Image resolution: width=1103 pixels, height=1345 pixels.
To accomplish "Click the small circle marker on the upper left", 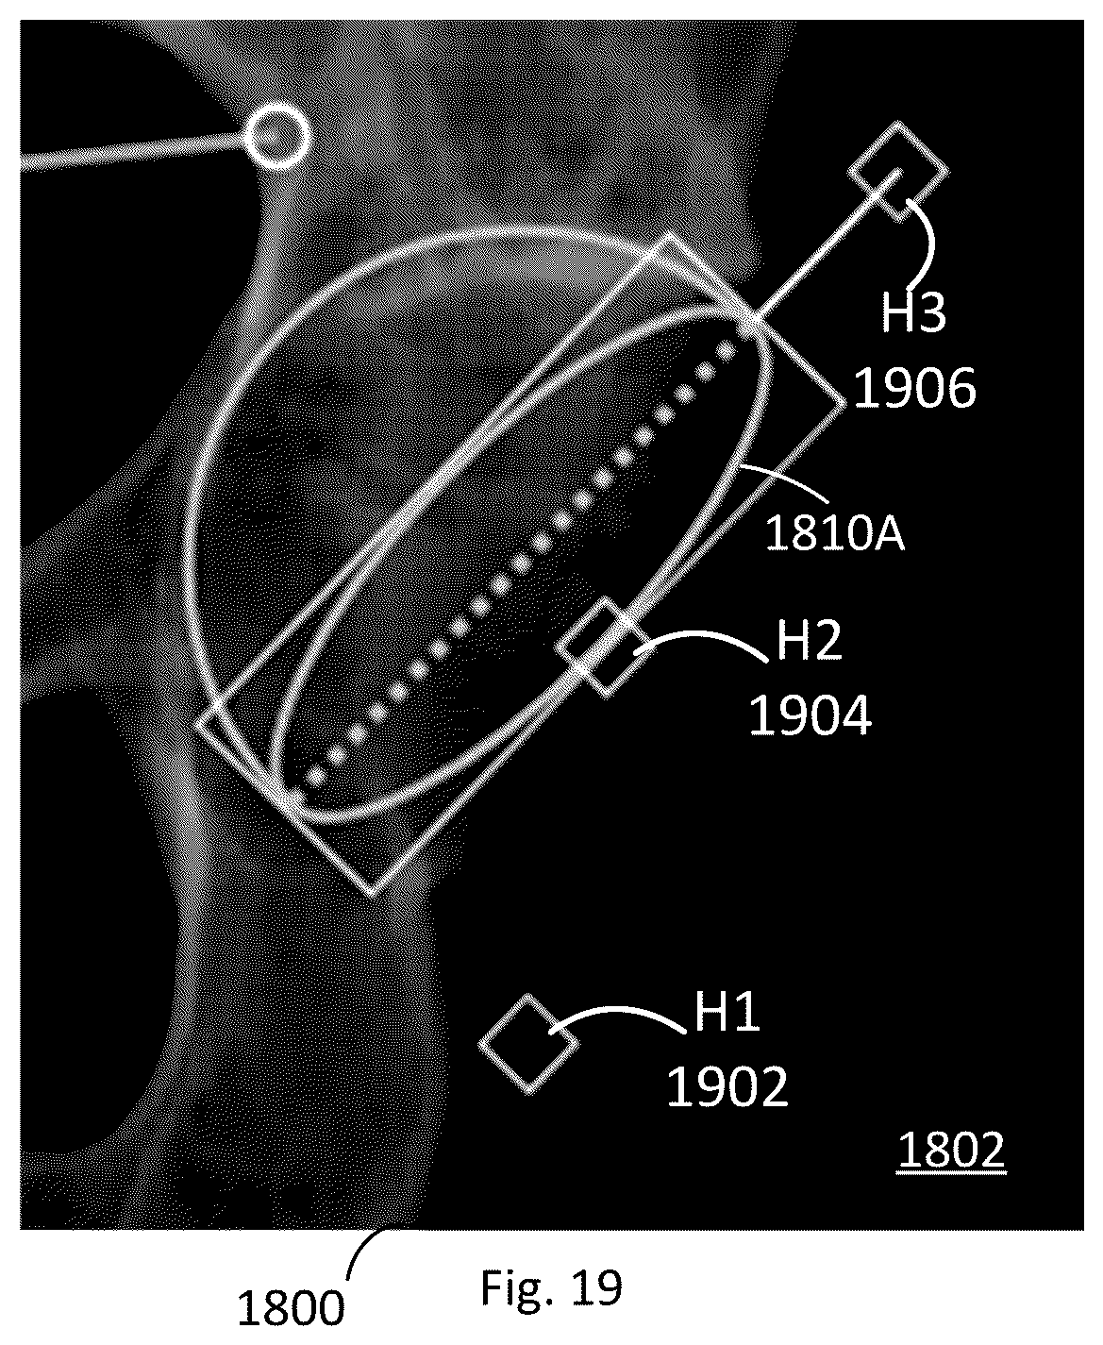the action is point(278,137).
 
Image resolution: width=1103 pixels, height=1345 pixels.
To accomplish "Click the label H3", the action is point(913,311).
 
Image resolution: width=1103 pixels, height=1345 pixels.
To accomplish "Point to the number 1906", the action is point(914,388).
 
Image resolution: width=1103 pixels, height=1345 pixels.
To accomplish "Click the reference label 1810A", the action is point(835,533).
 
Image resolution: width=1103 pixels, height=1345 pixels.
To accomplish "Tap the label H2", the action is point(809,641).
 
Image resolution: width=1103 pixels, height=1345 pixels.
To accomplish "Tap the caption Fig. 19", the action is point(551,1287).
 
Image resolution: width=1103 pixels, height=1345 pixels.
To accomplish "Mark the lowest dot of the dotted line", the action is point(315,778).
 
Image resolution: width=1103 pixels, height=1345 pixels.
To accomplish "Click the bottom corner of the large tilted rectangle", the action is point(372,896).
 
